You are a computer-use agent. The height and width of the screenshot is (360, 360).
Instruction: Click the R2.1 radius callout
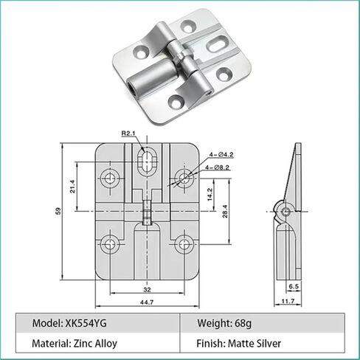coord(128,134)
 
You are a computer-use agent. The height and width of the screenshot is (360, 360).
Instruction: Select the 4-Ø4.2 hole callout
coord(221,155)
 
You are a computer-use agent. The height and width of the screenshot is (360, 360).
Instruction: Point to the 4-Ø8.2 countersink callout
coord(218,167)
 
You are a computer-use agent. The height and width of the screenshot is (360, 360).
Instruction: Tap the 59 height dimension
coord(58,211)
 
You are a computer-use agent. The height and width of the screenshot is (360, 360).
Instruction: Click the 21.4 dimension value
coord(72,187)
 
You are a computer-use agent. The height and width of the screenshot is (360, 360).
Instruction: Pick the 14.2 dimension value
coord(210,195)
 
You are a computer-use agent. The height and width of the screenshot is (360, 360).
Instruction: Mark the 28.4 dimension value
coord(225,212)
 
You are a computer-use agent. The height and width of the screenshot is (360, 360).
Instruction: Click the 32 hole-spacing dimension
coord(147,290)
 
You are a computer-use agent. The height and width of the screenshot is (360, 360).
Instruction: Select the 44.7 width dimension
coord(147,302)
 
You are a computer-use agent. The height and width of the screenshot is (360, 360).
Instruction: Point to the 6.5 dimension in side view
coord(294,286)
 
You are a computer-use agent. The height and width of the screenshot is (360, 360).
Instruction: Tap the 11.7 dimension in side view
coord(288,301)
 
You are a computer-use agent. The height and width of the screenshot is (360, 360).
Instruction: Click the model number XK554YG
coord(86,323)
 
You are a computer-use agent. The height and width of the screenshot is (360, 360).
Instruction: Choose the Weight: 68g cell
coord(224,323)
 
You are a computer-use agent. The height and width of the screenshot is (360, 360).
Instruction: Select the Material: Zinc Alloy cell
coord(75,343)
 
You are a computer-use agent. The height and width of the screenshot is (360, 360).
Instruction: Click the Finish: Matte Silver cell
coord(238,343)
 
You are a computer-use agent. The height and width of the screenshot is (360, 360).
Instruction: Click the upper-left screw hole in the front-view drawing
coord(110,178)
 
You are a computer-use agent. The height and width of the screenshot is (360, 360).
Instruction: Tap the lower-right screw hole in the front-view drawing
coord(184,244)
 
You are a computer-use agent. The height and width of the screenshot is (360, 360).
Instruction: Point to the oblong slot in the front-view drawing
coord(147,162)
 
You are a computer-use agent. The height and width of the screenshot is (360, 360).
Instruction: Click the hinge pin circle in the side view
coord(286,212)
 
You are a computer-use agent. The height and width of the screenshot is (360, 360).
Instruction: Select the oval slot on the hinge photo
coord(216,44)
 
